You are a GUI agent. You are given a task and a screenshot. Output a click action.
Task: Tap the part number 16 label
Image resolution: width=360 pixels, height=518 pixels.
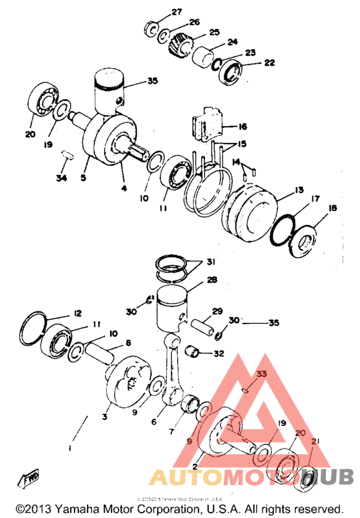(x=243, y=127)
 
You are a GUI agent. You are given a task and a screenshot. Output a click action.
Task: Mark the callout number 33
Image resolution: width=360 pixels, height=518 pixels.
(x=261, y=374)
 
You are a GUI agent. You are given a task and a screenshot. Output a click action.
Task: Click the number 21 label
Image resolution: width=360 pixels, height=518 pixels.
(x=314, y=441)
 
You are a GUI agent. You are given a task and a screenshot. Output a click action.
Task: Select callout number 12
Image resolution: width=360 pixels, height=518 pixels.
(x=77, y=313)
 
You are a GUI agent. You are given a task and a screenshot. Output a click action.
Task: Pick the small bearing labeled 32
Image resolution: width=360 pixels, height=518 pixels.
(x=194, y=351)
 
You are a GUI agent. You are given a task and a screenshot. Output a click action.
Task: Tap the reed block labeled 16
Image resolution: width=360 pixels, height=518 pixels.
(x=206, y=125)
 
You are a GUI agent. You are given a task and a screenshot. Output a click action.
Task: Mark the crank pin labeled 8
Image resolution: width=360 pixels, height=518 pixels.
(x=103, y=353)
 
